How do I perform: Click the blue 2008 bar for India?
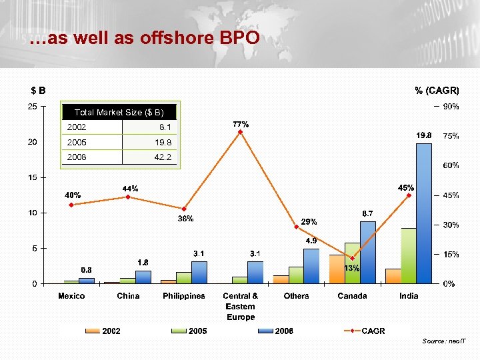coord(424,213)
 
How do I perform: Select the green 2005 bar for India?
coord(408,256)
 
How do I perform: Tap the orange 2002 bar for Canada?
coord(337,269)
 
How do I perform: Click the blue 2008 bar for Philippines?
coord(199,272)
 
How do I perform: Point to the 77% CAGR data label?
coord(241,124)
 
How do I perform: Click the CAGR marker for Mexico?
coord(71,205)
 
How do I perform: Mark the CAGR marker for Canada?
coord(352,259)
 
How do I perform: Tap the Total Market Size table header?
coord(119,113)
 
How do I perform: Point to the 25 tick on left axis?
coord(32,107)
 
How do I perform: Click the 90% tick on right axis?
coord(450,107)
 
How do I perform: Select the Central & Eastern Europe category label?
coord(241,306)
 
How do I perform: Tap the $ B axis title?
coord(38,90)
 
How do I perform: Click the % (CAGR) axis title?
coord(437,90)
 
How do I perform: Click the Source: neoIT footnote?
coord(445,341)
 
